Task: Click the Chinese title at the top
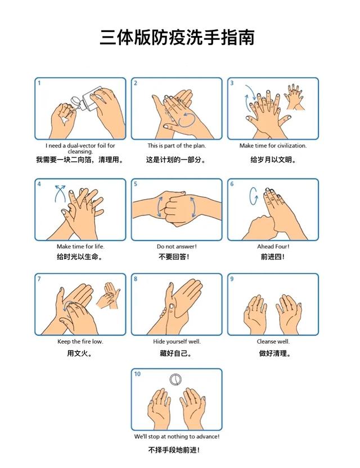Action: coord(177,38)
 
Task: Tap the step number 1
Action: coord(39,83)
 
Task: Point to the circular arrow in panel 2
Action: coord(187,119)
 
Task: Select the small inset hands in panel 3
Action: coord(295,97)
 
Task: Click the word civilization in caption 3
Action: coord(291,146)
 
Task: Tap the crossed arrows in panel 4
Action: coord(60,193)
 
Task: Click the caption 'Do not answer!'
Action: coord(177,246)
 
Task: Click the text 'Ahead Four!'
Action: coord(273,246)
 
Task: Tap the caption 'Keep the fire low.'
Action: coord(80,341)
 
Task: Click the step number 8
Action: coord(136,279)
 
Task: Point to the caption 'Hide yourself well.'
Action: coord(177,341)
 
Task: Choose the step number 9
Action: coord(232,279)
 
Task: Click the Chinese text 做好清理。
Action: coord(274,353)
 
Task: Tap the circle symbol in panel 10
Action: coord(175,379)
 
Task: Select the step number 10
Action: coord(137,374)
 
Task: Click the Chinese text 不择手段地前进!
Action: coord(174,449)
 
